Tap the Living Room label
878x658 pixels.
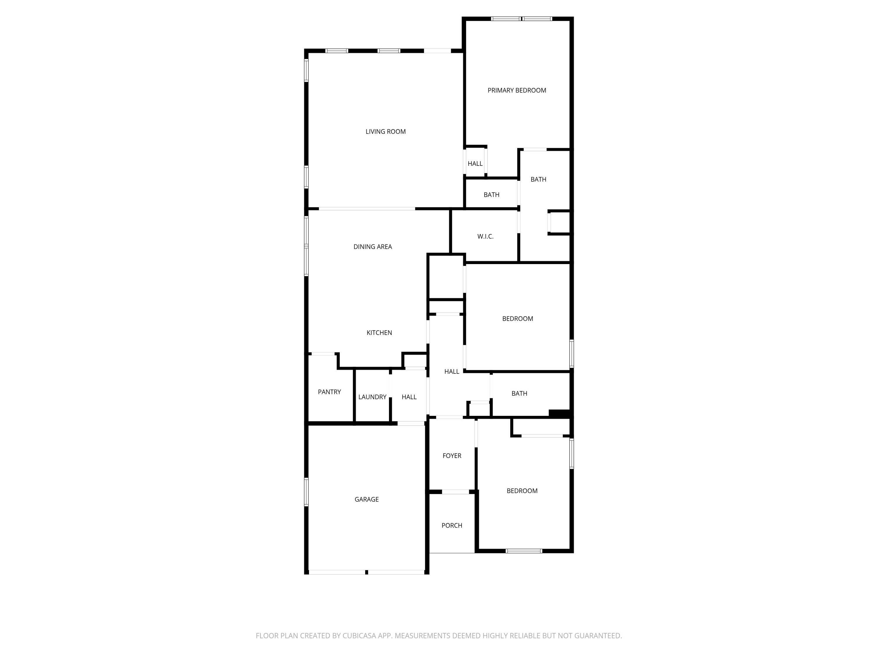pos(385,132)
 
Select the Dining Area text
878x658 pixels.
pos(372,247)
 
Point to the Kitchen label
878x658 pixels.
pos(379,333)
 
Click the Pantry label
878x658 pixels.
pos(329,392)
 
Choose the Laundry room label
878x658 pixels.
pos(372,397)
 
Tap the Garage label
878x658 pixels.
pos(366,499)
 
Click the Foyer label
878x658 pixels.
pos(452,456)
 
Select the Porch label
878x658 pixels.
pos(452,526)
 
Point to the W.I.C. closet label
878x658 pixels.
pos(485,236)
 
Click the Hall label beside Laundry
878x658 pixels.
pos(409,397)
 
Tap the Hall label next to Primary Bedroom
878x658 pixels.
pos(475,163)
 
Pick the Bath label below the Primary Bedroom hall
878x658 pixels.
pos(491,195)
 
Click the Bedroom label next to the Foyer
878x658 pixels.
pos(522,491)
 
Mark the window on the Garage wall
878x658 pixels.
pos(306,492)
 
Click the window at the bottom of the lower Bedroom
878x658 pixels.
pos(524,551)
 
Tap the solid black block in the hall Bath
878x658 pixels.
pos(559,413)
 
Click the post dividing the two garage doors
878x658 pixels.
pos(366,572)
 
